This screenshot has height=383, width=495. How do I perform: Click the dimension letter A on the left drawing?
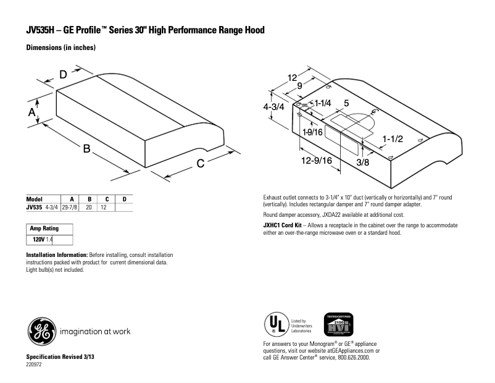coord(31,112)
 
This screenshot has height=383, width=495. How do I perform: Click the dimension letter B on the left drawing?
coord(87,149)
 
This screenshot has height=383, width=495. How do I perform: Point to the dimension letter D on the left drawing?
coord(64,75)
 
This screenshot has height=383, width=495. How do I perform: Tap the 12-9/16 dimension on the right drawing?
coord(318,161)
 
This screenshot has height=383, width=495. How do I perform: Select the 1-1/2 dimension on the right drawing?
coord(392,139)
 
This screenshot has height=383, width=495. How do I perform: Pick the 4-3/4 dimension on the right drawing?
coord(273,106)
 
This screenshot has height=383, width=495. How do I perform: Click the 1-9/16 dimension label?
coord(313,132)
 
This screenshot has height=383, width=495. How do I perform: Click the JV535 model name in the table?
coord(34,208)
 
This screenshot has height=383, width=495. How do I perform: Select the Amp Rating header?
coord(44,229)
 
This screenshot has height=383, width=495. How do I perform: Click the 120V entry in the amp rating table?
coord(39,238)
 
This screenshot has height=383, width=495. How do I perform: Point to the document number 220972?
coord(35,364)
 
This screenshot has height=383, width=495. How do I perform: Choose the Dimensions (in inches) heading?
coord(60,48)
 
